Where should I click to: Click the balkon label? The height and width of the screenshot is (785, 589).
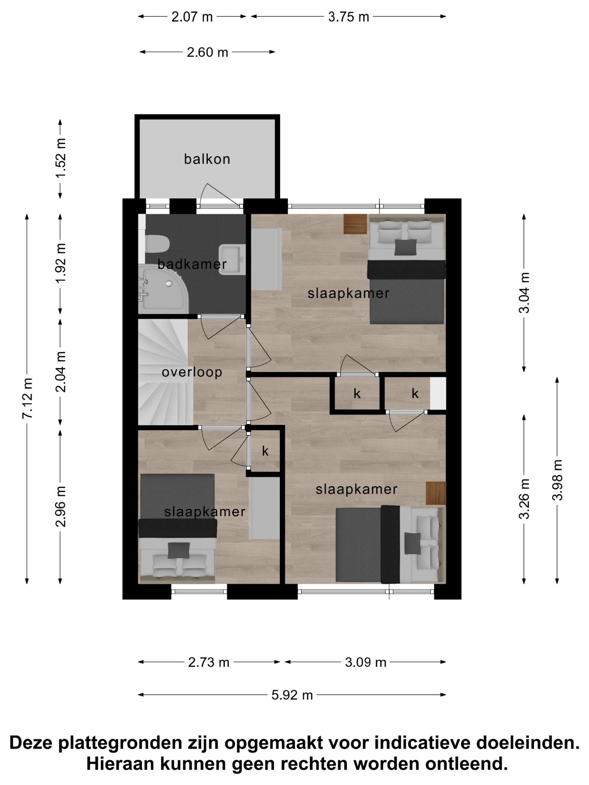pyautogui.click(x=207, y=159)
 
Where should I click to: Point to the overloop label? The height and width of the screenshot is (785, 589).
pyautogui.click(x=192, y=372)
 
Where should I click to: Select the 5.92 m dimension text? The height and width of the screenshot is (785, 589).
pyautogui.click(x=292, y=695)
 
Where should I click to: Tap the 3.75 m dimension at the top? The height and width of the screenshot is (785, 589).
pyautogui.click(x=349, y=17)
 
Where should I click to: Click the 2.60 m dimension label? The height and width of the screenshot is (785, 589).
pyautogui.click(x=207, y=52)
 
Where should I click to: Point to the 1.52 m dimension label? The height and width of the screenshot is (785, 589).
pyautogui.click(x=61, y=158)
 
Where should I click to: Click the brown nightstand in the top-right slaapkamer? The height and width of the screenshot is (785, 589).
pyautogui.click(x=355, y=224)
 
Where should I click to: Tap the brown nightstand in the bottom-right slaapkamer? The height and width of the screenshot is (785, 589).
pyautogui.click(x=436, y=493)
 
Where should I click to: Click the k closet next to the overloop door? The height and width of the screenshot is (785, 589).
pyautogui.click(x=265, y=451)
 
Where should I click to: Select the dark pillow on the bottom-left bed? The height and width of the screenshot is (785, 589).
pyautogui.click(x=179, y=550)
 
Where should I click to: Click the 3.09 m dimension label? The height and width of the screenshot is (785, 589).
pyautogui.click(x=365, y=662)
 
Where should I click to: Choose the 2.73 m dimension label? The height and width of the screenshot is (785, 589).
pyautogui.click(x=209, y=662)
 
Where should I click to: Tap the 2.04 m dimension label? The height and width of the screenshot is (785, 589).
pyautogui.click(x=61, y=372)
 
